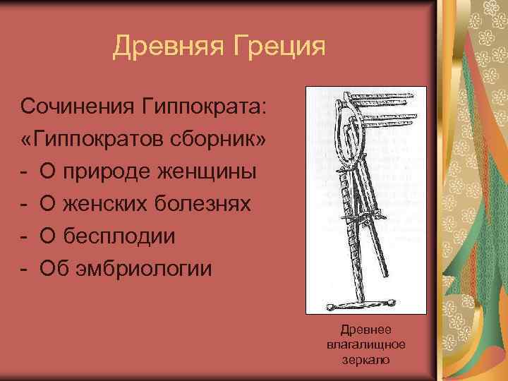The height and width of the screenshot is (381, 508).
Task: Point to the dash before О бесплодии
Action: (25, 236)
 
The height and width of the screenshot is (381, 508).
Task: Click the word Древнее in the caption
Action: (365, 329)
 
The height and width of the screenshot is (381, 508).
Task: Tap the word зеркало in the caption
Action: (365, 359)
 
